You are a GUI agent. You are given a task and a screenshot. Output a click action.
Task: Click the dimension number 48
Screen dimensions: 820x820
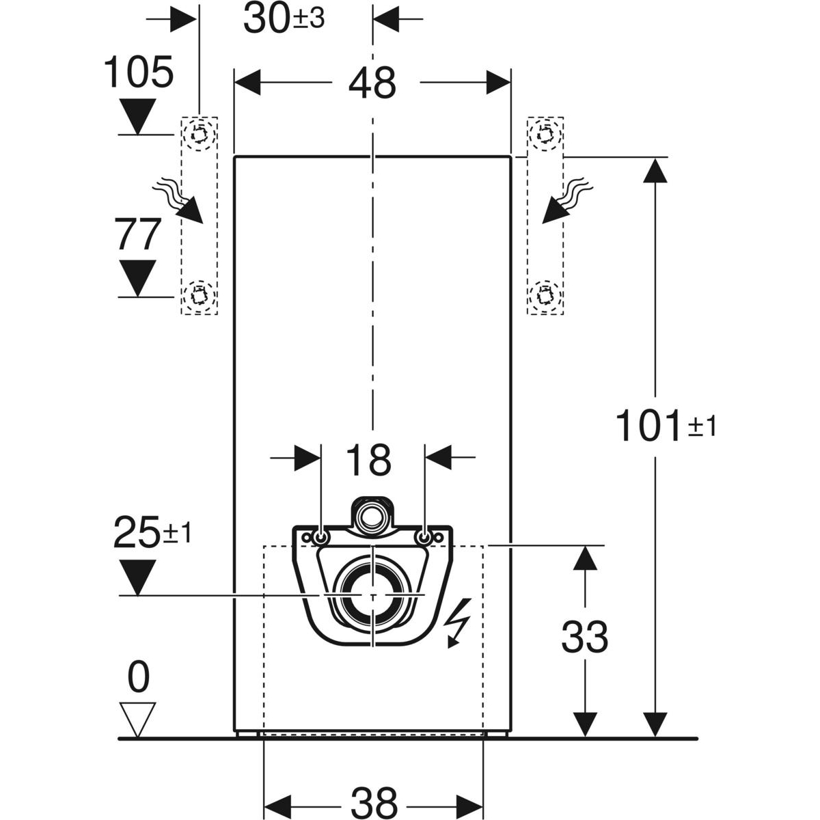click(x=372, y=83)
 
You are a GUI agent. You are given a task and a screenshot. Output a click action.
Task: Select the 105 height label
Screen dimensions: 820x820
click(x=139, y=72)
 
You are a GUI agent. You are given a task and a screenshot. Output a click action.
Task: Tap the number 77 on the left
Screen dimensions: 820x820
click(x=137, y=234)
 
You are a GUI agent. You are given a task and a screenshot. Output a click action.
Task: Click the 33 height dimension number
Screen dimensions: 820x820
click(x=584, y=637)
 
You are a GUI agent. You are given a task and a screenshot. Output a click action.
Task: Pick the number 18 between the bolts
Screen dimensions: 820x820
click(x=368, y=460)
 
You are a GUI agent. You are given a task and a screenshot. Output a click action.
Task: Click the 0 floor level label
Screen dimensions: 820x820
click(x=139, y=676)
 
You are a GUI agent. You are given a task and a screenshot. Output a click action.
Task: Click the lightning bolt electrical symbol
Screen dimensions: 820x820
click(x=457, y=623)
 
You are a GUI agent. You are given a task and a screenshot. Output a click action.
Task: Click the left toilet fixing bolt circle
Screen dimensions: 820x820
click(x=321, y=538)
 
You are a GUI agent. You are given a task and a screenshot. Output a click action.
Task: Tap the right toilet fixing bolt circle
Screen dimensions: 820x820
click(x=424, y=538)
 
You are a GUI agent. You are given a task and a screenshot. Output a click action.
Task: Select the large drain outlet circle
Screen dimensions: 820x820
click(x=372, y=595)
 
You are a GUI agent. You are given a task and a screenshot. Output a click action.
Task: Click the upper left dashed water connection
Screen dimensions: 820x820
click(x=199, y=133)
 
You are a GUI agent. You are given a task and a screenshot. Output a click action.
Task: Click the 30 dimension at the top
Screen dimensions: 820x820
click(x=284, y=20)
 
